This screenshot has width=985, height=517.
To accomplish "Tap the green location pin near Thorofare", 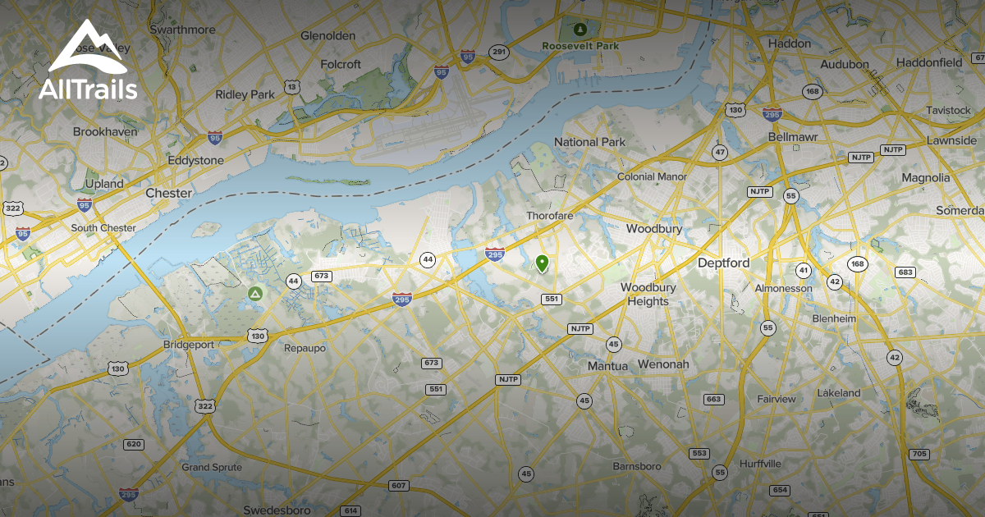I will pos(542,263).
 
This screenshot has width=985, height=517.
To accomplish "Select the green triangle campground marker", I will pos(254,293).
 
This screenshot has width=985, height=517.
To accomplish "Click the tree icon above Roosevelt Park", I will pos(580,30).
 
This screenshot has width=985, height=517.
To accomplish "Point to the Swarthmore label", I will pos(182,30).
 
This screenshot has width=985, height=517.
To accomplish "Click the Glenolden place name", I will pos(328,36).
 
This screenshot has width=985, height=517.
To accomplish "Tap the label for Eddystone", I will pos(195,161).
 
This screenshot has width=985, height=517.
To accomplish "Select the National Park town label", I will pos(589,142).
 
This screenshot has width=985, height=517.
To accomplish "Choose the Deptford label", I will pos(723,263).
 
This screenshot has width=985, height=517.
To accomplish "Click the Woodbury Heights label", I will pos(648,294).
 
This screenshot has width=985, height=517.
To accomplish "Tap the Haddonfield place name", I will pos(929,62).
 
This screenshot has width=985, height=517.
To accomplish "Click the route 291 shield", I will pos(498,52).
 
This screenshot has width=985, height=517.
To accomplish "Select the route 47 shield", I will pos(720,153).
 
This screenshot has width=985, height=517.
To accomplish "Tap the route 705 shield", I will pos(919,454).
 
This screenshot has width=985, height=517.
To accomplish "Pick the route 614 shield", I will pos(351,510).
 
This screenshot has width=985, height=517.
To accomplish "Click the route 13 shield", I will pos(291,86).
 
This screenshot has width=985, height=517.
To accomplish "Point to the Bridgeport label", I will pos(189,345).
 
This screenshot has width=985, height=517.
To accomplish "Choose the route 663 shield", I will pos(713,400).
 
